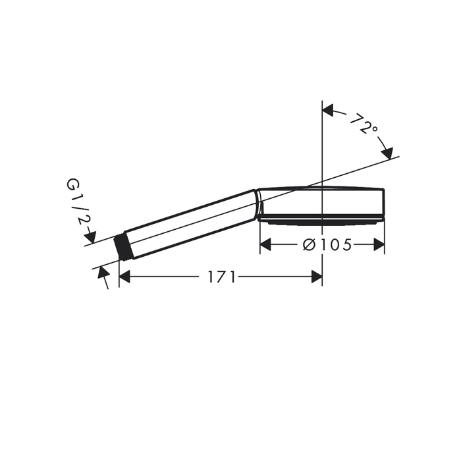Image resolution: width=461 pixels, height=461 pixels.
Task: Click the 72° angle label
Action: tap(364, 124)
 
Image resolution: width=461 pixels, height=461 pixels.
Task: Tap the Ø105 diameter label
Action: tap(327, 244)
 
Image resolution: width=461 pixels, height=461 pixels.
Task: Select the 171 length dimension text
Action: tap(222, 277)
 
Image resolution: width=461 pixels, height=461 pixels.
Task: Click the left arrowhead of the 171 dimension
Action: tap(124, 277)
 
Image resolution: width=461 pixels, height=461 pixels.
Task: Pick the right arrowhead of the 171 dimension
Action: tap(317, 277)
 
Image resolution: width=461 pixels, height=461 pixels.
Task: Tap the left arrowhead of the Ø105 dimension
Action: tap(266, 244)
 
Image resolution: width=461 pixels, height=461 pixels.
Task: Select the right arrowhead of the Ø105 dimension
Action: tap(379, 244)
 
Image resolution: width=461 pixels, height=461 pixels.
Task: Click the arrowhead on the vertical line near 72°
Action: tap(328, 110)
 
